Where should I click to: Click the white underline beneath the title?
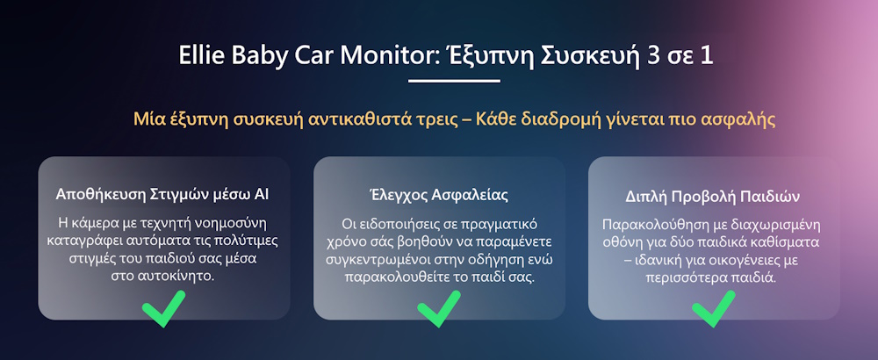[x=454, y=81]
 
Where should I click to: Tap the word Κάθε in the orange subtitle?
[x=495, y=119]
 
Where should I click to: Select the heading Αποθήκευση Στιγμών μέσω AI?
[x=162, y=195]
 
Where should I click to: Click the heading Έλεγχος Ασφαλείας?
[x=439, y=196]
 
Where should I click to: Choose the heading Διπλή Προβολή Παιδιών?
[x=712, y=198]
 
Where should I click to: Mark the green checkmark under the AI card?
[x=163, y=308]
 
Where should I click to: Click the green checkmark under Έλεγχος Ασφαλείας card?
[x=439, y=308]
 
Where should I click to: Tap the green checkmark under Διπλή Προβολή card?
[x=713, y=308]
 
